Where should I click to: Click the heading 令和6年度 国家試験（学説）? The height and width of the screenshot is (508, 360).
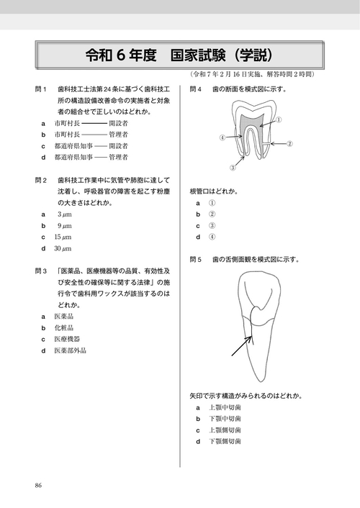coord(179,55)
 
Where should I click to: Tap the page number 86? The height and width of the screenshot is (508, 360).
coord(38,484)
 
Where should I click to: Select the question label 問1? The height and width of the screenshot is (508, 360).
coord(41,89)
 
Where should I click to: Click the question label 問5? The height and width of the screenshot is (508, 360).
coord(196,258)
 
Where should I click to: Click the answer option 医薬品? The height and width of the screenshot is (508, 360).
coord(65,316)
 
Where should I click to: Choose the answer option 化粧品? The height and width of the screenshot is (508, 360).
coord(65,327)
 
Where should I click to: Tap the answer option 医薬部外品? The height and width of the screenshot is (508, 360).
coord(70,350)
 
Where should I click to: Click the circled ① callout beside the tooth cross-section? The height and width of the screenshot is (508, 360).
coord(279,119)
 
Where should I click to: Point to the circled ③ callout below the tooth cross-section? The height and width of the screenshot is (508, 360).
coord(233,168)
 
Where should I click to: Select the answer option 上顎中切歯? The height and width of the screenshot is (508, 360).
coord(225,407)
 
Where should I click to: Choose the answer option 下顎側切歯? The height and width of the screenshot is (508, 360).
coord(225,441)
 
